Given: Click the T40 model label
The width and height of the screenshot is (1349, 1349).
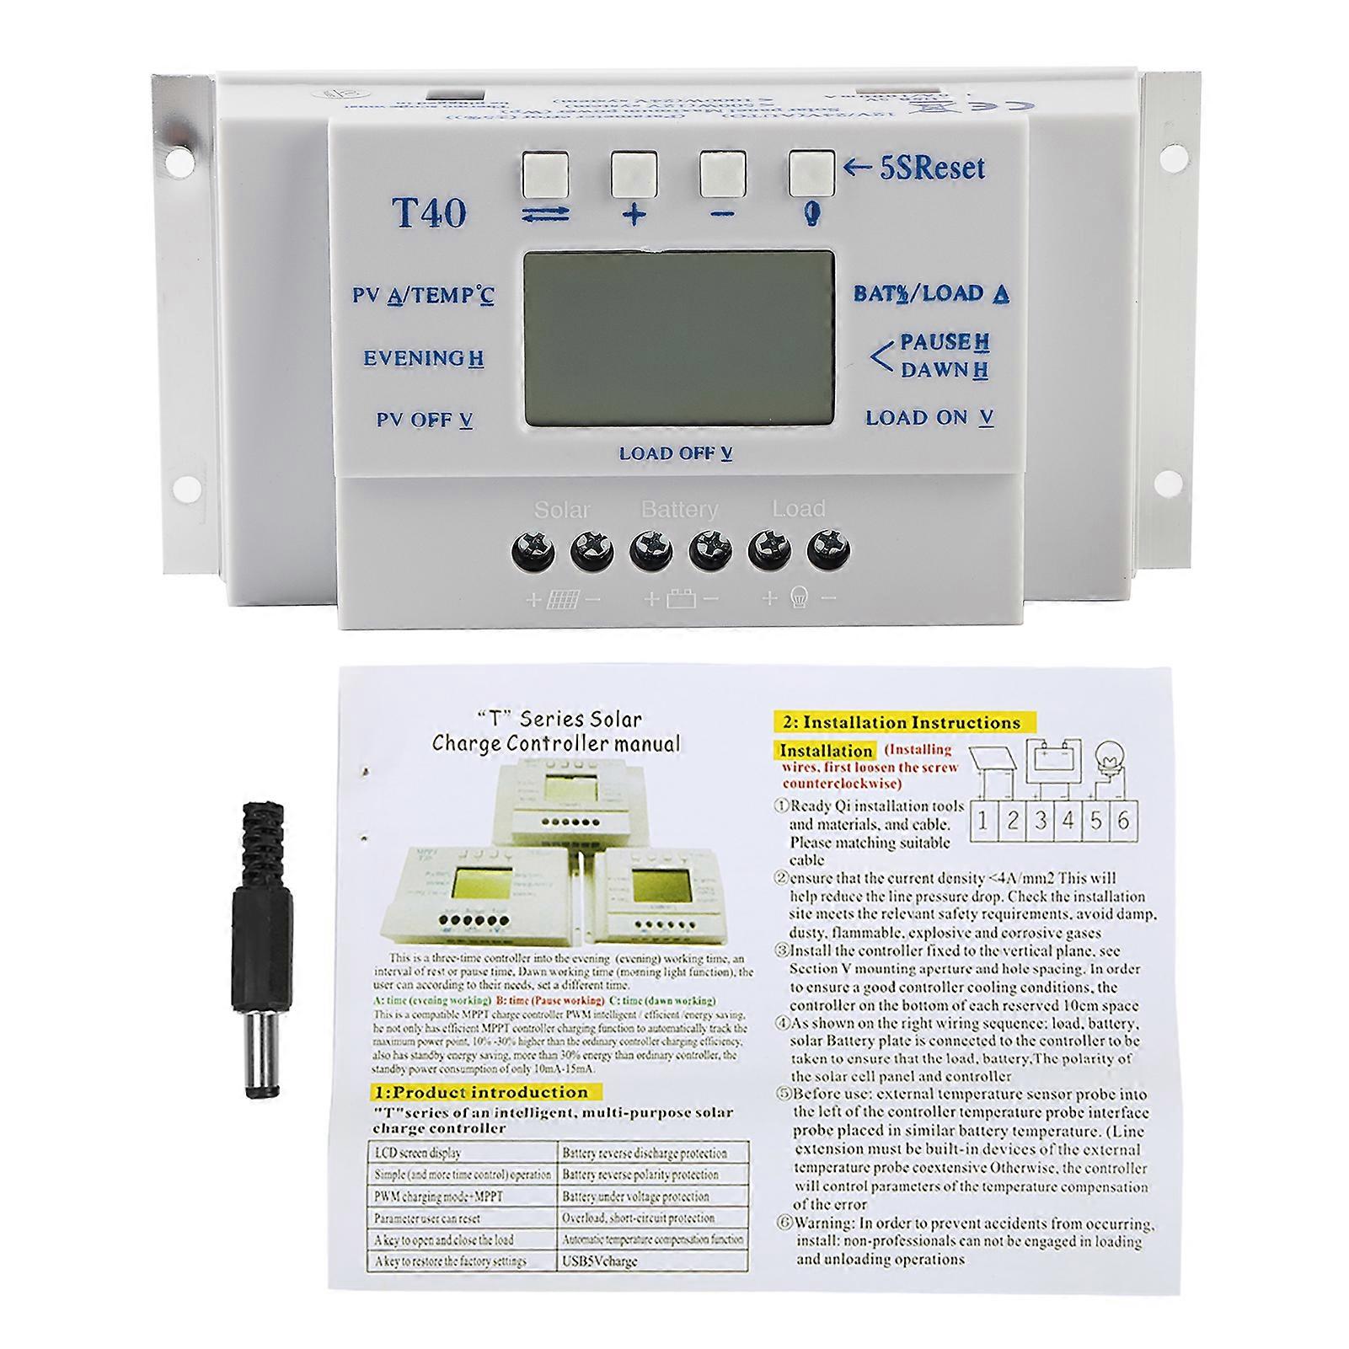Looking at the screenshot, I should pos(429,212).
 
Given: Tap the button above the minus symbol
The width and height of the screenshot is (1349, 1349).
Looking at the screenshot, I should pos(722,174).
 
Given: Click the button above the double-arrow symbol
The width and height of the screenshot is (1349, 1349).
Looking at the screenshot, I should pos(544,174).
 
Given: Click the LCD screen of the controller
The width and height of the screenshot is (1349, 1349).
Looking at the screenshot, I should pos(678,337).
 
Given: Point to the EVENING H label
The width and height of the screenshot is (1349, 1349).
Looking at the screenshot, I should pos(423,358).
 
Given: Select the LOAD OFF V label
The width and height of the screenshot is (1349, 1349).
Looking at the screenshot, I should pos(675,454).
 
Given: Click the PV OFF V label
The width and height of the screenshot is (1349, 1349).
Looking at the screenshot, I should pos(424,420).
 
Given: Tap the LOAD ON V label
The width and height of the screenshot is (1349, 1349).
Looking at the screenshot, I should pos(929,417).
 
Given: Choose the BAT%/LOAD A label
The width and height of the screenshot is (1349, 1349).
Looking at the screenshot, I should pos(931,293).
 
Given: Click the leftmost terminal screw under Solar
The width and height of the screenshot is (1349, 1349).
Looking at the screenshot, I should pos(533,552).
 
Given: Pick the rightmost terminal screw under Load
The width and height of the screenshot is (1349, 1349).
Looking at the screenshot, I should pos(828,552).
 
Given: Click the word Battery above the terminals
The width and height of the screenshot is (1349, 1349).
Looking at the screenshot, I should pos(679,510).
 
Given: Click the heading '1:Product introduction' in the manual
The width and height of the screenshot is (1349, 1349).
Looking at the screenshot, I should pos(480,1092).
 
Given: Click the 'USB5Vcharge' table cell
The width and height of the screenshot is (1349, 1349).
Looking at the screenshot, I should pos(599,1261).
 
